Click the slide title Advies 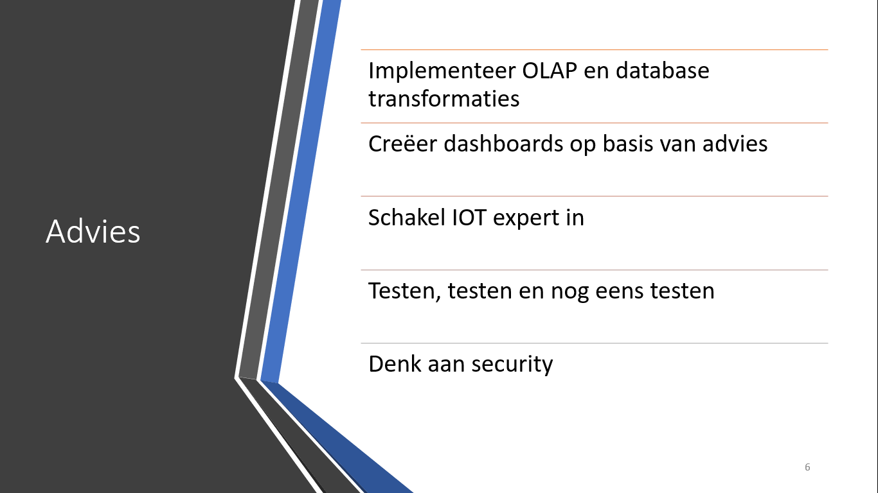point(93,232)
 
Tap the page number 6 point(807,467)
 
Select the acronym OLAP point(550,71)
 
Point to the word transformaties point(443,98)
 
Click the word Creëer point(402,143)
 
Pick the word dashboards point(503,143)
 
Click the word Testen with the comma point(405,291)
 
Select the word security point(512,365)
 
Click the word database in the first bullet point(663,71)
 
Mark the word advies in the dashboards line point(735,143)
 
